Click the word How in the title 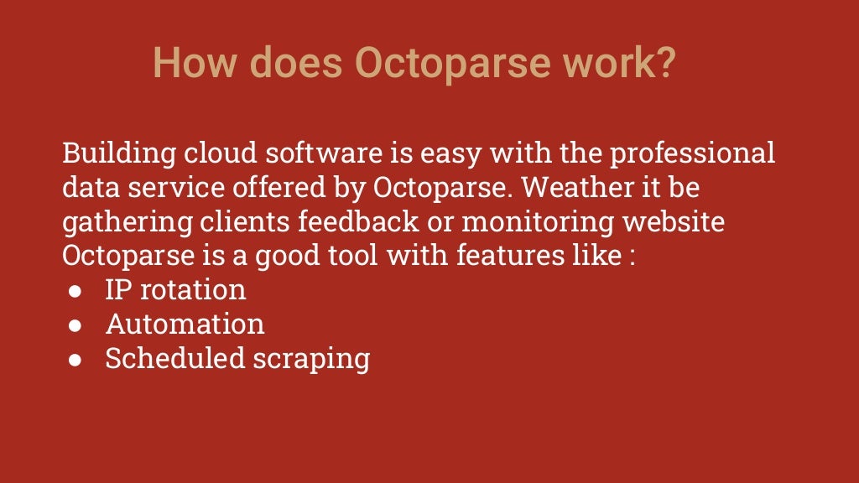[194, 63]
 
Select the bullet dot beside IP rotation [75, 291]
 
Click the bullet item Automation [185, 325]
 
